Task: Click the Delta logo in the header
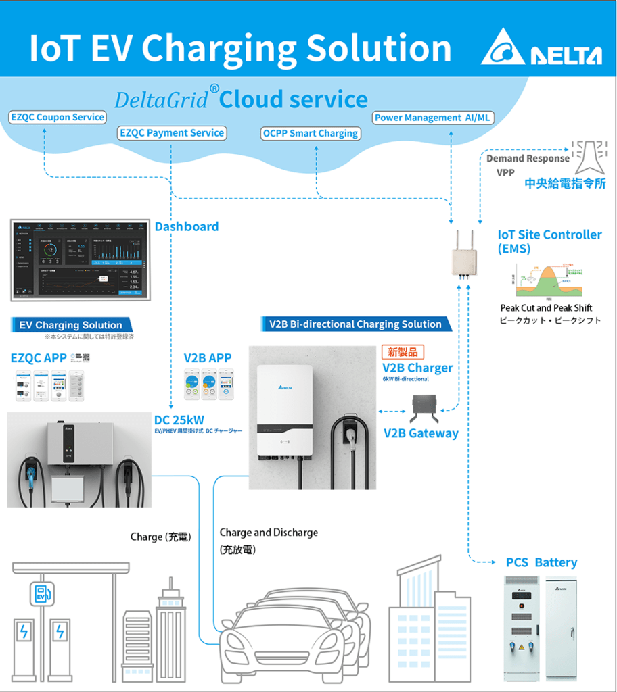click(541, 49)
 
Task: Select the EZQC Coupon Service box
click(58, 117)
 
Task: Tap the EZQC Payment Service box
click(172, 133)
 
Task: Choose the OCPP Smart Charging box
click(311, 133)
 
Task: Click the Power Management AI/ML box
click(433, 118)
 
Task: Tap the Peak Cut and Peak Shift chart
click(549, 278)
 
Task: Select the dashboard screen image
click(80, 259)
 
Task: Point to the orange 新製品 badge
click(403, 352)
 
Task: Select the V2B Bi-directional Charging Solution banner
click(355, 324)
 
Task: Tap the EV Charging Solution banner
click(70, 325)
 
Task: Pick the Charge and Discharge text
click(269, 533)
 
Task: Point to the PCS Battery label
click(541, 562)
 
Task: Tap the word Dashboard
click(187, 226)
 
